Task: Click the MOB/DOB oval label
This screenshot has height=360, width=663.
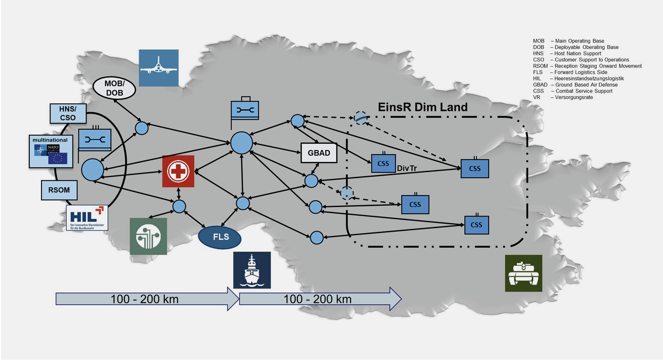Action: point(114,88)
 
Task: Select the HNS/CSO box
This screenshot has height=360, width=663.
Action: point(68,113)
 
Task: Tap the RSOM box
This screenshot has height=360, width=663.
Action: point(59,190)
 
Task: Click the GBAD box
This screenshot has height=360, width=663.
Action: point(319,153)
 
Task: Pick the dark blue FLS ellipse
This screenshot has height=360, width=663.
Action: point(220,237)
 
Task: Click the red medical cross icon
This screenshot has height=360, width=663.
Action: point(178,171)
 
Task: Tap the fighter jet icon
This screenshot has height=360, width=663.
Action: point(158,68)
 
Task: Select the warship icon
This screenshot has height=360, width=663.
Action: point(252,270)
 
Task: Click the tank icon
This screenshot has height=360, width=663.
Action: point(523,273)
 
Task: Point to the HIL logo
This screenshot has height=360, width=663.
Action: point(87,218)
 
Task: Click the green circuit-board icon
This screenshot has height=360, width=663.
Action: point(148,236)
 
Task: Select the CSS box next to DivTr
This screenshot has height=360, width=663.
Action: point(383,163)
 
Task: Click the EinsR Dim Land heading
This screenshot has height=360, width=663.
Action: point(422,107)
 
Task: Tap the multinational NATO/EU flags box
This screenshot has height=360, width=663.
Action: point(51,151)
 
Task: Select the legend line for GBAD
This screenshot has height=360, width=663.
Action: point(575,85)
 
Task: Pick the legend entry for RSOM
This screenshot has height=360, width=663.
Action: point(587,66)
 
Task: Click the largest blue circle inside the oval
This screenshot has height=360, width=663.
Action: point(92,170)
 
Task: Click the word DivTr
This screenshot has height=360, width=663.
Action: point(407,168)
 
